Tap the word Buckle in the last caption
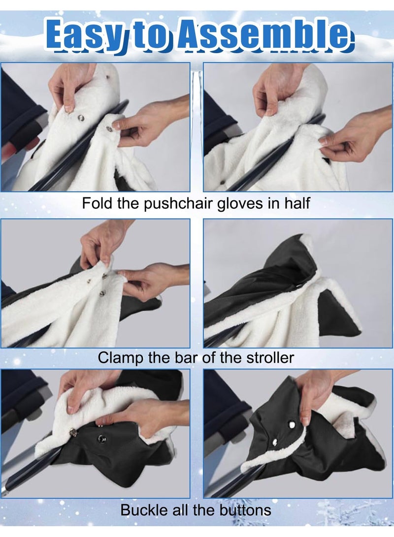tap(143, 509)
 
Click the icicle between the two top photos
tap(197, 94)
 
